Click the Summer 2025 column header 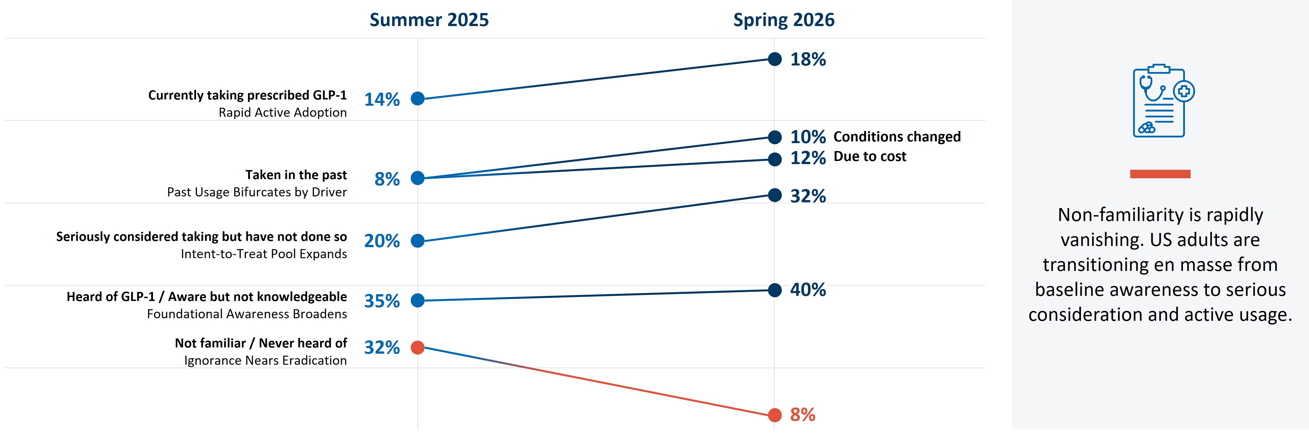pyautogui.click(x=429, y=20)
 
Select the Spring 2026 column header pyautogui.click(x=784, y=20)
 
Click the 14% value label pyautogui.click(x=382, y=99)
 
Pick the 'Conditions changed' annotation pyautogui.click(x=897, y=137)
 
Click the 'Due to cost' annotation pyautogui.click(x=870, y=157)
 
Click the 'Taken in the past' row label pyautogui.click(x=296, y=175)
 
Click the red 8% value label pyautogui.click(x=803, y=415)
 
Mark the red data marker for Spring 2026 pyautogui.click(x=774, y=415)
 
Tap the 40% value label pyautogui.click(x=808, y=290)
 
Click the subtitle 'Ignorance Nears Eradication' pyautogui.click(x=265, y=361)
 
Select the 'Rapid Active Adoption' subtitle pyautogui.click(x=282, y=113)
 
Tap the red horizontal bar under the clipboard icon pyautogui.click(x=1160, y=174)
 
